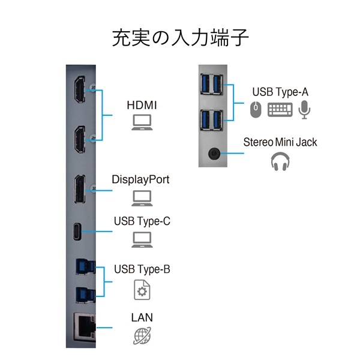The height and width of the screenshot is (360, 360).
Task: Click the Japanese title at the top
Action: pos(180,37)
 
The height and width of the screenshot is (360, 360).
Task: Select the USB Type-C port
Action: pos(78,231)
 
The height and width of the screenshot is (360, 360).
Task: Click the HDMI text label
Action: pos(142,105)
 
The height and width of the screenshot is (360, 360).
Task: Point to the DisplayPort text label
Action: pos(140,179)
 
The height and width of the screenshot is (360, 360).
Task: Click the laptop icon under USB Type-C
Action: pos(142,239)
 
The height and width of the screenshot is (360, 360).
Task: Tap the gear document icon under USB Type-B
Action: pos(142,290)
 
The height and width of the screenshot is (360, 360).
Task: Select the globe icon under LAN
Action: pos(142,335)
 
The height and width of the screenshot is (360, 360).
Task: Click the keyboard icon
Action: pos(280,110)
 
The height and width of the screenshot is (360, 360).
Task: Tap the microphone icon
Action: pos(305,109)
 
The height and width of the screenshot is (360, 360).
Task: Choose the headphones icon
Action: pos(280,161)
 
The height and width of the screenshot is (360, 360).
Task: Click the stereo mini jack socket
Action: pos(213,153)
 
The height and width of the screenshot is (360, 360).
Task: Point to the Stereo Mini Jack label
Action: pos(280,142)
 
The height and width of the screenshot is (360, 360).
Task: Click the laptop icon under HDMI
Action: pos(142,124)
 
